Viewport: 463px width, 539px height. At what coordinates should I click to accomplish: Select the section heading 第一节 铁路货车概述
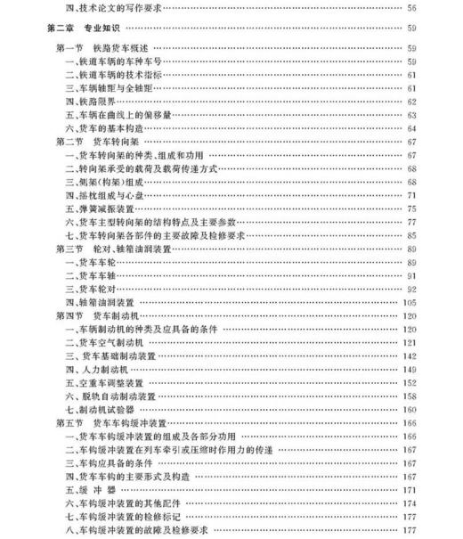[x=98, y=47]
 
